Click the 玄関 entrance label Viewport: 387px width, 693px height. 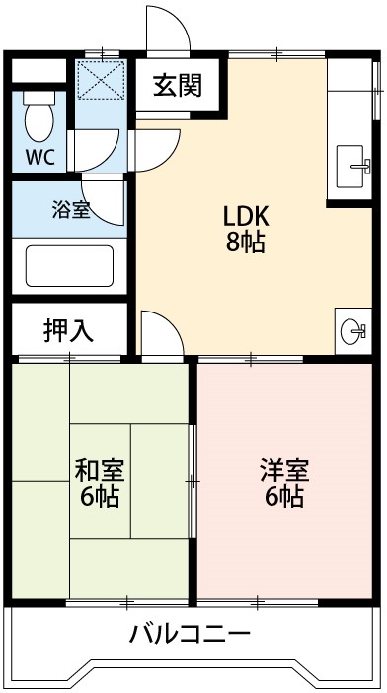tap(178, 86)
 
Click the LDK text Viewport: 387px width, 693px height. tap(247, 217)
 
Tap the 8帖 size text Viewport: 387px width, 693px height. tap(246, 243)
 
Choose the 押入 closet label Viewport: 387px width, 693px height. tap(69, 330)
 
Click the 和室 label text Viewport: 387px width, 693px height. tap(99, 470)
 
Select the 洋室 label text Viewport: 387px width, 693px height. tap(283, 470)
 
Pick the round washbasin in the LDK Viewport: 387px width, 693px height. tap(351, 333)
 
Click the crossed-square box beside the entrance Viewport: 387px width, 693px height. tap(103, 79)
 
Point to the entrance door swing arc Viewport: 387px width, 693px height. tap(166, 30)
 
